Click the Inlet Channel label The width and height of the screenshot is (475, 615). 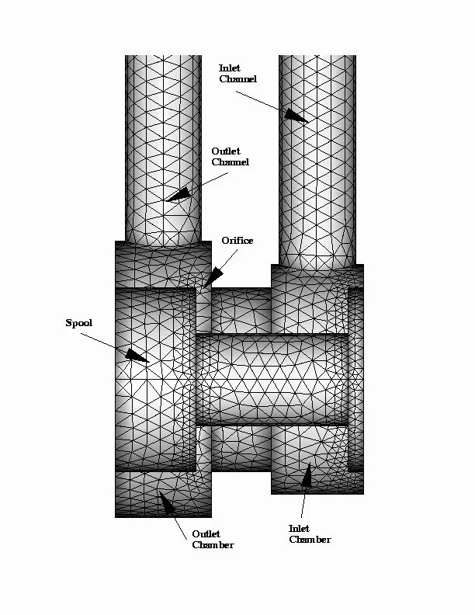(x=237, y=74)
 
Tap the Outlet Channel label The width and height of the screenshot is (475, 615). (x=231, y=157)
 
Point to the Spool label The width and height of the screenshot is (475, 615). (x=78, y=323)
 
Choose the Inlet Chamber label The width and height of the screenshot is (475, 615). (x=310, y=533)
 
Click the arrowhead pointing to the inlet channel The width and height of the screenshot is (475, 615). (x=295, y=116)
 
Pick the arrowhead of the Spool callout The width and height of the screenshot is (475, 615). (x=137, y=356)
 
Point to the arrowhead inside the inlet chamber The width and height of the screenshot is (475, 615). (x=307, y=476)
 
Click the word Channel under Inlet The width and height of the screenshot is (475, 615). (x=237, y=79)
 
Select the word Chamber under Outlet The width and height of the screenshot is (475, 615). (x=213, y=544)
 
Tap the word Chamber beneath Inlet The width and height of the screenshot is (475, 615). (x=310, y=539)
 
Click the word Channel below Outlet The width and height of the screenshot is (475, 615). (x=231, y=162)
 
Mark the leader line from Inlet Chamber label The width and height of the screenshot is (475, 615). (x=306, y=505)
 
